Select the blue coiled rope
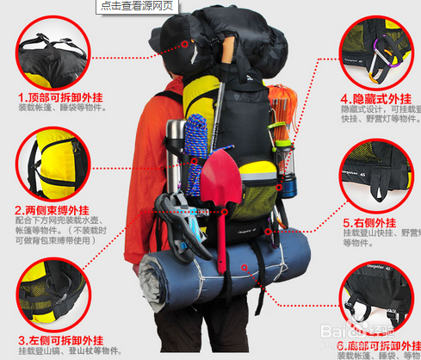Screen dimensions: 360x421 (198, 141)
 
